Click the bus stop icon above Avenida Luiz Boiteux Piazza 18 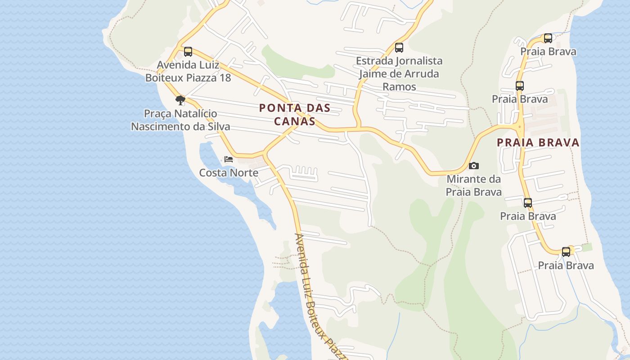(x=188, y=52)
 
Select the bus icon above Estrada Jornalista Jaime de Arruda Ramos (x=399, y=47)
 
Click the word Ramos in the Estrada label (x=399, y=86)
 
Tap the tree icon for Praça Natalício (x=180, y=100)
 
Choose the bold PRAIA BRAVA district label (x=538, y=143)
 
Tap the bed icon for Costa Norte (x=229, y=159)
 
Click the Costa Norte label (x=229, y=173)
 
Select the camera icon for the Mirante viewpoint (x=473, y=166)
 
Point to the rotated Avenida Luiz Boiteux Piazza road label (x=320, y=297)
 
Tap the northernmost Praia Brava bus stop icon (x=548, y=38)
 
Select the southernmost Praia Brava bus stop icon (x=566, y=252)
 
